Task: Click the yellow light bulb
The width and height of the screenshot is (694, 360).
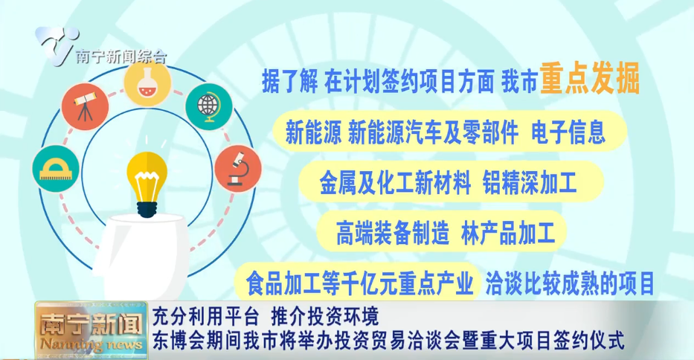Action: [x=147, y=179]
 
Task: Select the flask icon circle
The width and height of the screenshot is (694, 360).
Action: [x=147, y=83]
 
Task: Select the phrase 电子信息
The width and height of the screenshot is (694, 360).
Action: [x=568, y=132]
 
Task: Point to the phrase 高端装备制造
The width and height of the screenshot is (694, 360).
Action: [x=393, y=233]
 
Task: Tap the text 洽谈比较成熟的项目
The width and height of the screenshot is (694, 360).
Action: [x=571, y=283]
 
